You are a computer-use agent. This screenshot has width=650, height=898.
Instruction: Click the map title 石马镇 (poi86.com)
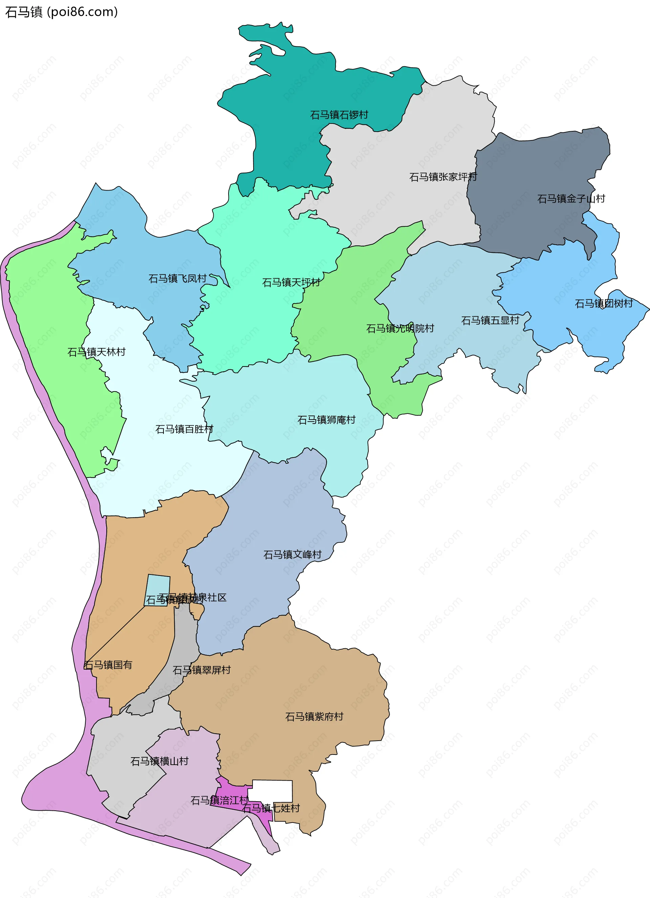(x=61, y=12)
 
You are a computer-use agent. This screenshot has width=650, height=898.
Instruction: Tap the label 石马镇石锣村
(x=339, y=115)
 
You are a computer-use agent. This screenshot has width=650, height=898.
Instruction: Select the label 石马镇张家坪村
(x=443, y=177)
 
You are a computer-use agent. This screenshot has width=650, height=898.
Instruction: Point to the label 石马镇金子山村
(x=571, y=198)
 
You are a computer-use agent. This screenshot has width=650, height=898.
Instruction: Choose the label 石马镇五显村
(x=490, y=320)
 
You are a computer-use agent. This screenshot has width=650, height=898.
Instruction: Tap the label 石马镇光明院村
(x=400, y=328)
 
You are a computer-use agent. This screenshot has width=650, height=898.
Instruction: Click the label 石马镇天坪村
(x=291, y=282)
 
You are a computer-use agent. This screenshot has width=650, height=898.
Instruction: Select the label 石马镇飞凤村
(x=177, y=278)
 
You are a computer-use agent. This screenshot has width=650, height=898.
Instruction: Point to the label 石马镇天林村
(x=96, y=352)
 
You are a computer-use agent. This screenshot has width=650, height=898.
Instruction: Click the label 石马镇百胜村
(x=184, y=429)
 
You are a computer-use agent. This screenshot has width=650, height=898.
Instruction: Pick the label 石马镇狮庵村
(x=326, y=420)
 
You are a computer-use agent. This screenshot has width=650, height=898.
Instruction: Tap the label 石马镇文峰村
(x=292, y=555)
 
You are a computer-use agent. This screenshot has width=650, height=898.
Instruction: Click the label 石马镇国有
(x=108, y=665)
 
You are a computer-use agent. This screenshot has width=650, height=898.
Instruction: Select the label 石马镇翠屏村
(x=202, y=670)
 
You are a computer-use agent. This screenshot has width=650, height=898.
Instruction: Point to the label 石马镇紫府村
(x=314, y=717)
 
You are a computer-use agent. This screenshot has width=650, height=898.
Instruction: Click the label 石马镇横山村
(x=159, y=761)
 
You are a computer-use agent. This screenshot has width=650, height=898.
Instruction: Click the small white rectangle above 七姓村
(x=273, y=791)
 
